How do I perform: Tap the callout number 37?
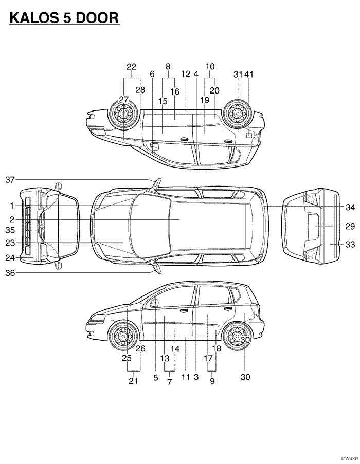pos(10,180)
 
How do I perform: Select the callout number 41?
pos(249,74)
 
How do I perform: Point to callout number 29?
pos(350,226)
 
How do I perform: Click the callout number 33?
pos(350,245)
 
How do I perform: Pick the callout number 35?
pos(10,230)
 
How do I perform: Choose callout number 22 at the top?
pos(132,67)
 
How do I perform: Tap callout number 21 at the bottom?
pos(133,381)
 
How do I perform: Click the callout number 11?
pos(185,377)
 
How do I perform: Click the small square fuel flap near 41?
pos(249,136)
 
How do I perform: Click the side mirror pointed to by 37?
pos(157,183)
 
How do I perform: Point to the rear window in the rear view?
pos(313,226)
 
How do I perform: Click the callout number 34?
pos(350,207)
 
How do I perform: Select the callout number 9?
pos(212,381)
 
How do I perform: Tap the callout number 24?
pos(10,258)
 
